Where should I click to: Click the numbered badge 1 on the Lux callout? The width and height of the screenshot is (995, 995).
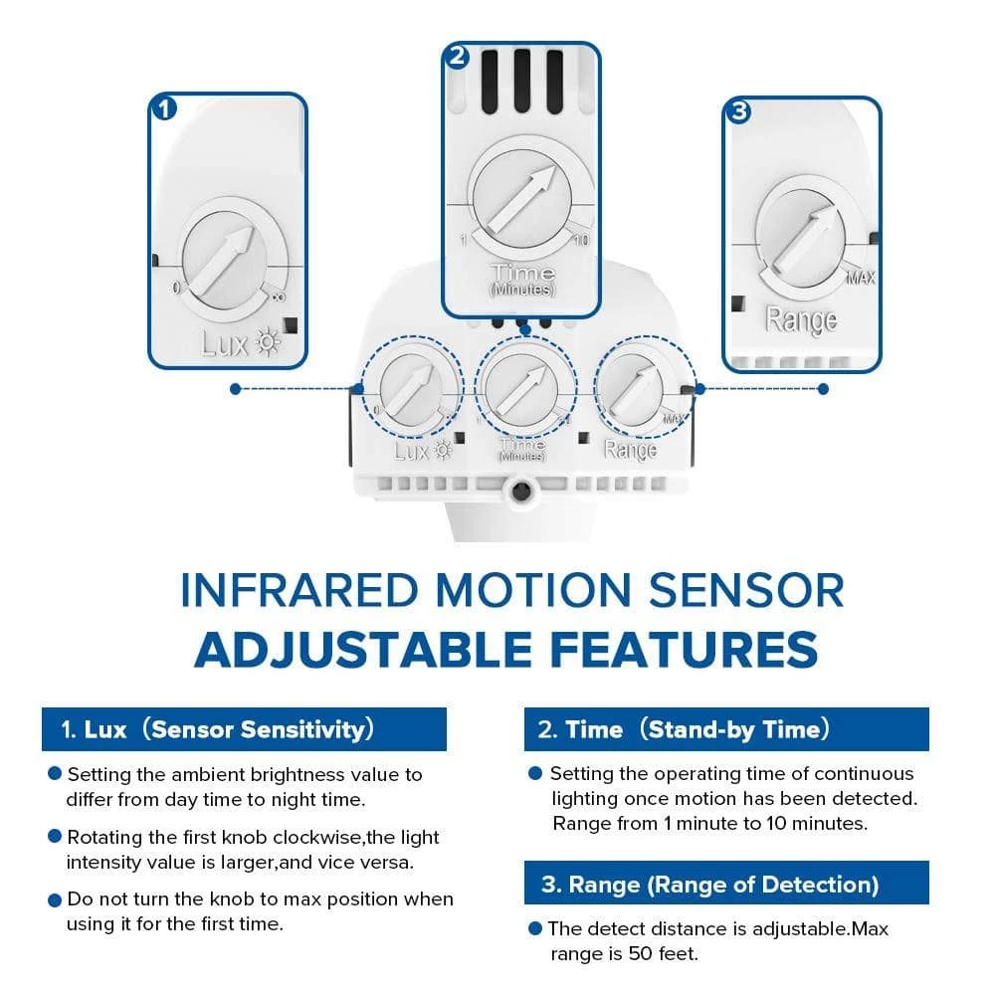pos(164,108)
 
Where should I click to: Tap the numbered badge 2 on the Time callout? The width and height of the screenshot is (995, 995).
pos(457,57)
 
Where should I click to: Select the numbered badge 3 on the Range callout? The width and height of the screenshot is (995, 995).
pos(738,111)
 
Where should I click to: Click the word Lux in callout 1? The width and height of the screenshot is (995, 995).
pos(225,343)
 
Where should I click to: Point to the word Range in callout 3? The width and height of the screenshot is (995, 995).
pos(801,320)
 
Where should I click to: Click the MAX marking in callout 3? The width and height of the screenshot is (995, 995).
pos(861,278)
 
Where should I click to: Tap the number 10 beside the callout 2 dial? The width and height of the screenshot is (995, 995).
pos(581,240)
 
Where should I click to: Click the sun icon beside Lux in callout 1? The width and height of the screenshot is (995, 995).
pos(268,342)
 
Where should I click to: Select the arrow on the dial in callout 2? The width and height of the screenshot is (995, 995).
pos(523,198)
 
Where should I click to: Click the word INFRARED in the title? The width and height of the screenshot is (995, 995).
pos(298,590)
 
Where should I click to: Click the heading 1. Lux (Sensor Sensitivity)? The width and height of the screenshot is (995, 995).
pos(218,729)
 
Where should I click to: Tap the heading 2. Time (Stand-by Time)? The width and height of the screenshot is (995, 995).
pos(684,729)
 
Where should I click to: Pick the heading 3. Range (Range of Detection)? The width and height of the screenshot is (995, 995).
pos(710,884)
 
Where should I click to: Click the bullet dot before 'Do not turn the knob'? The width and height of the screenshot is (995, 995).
pos(55,899)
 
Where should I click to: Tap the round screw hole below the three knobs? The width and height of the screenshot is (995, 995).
pos(521,491)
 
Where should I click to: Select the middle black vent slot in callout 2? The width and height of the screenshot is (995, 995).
pos(522,82)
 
